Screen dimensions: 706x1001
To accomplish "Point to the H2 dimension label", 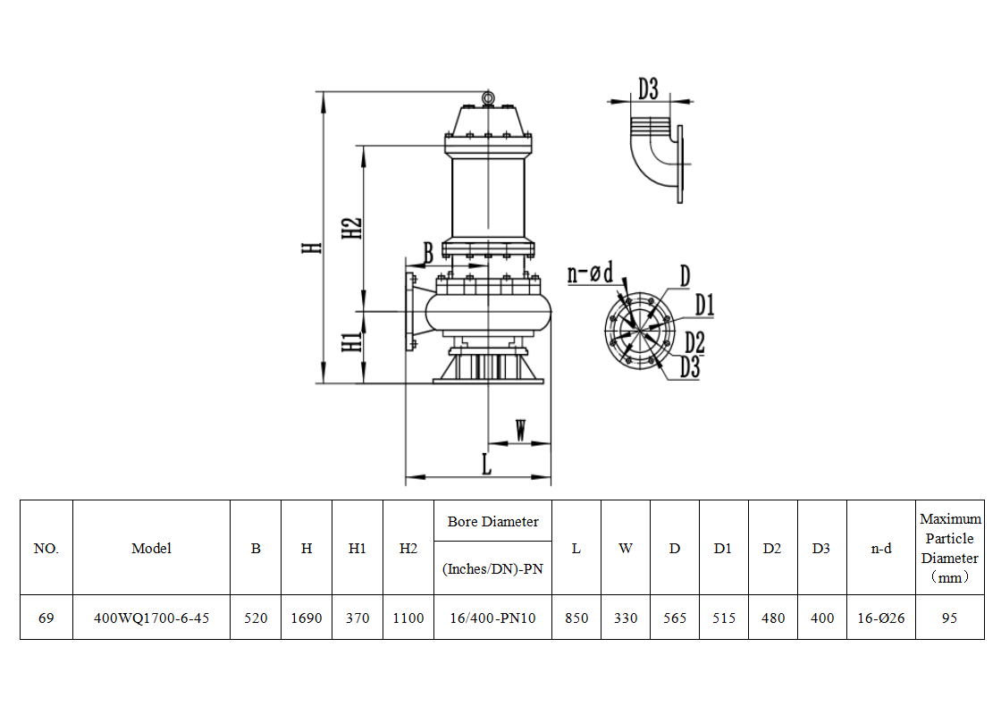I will (353, 228).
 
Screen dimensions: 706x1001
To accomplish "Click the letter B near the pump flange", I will (428, 253).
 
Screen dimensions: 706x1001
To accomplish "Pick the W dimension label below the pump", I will (520, 429).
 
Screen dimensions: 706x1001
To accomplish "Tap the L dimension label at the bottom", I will (486, 465).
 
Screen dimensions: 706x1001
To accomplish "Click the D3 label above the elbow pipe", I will (648, 88).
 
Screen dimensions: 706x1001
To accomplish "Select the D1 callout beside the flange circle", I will (705, 307).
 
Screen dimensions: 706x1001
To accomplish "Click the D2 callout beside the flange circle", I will (695, 341).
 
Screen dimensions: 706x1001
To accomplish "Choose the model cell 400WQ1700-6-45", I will (151, 618).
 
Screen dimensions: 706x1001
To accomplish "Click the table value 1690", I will (307, 618).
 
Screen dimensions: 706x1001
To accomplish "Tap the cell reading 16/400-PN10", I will (492, 618).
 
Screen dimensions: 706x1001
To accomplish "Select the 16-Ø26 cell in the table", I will (881, 618).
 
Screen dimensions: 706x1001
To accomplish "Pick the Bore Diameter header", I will (492, 522).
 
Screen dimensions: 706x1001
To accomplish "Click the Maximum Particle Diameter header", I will (949, 548).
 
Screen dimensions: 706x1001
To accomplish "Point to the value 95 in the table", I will (949, 618).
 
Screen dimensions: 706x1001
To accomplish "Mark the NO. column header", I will (46, 549).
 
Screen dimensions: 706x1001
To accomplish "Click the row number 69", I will (46, 618).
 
